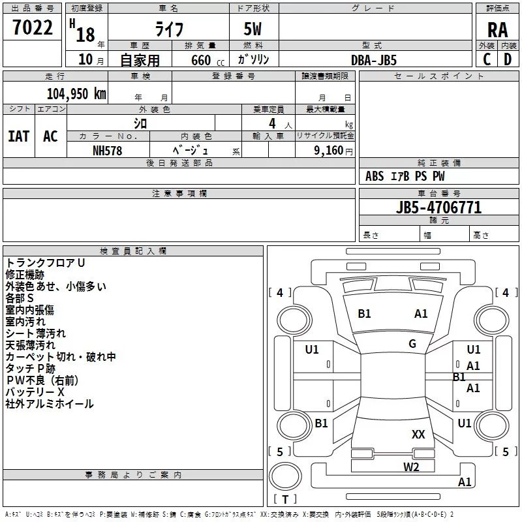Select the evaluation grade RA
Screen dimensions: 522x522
(497, 29)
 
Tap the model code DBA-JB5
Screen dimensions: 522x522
(374, 59)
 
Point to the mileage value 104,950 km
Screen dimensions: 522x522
(76, 94)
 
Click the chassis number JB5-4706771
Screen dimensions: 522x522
(438, 207)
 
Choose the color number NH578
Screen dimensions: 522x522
(108, 150)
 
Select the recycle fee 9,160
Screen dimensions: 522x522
(328, 150)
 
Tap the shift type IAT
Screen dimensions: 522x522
(18, 136)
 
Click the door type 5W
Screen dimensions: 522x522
(253, 29)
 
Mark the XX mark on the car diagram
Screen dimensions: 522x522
(418, 434)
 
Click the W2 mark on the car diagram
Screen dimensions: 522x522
(410, 467)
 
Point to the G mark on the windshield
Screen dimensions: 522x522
(412, 344)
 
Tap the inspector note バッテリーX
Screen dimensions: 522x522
(35, 392)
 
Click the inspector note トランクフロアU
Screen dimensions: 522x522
(45, 263)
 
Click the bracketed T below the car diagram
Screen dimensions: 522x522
(284, 500)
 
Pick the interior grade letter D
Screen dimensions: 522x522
(508, 59)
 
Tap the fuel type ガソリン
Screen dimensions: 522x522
(254, 59)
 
